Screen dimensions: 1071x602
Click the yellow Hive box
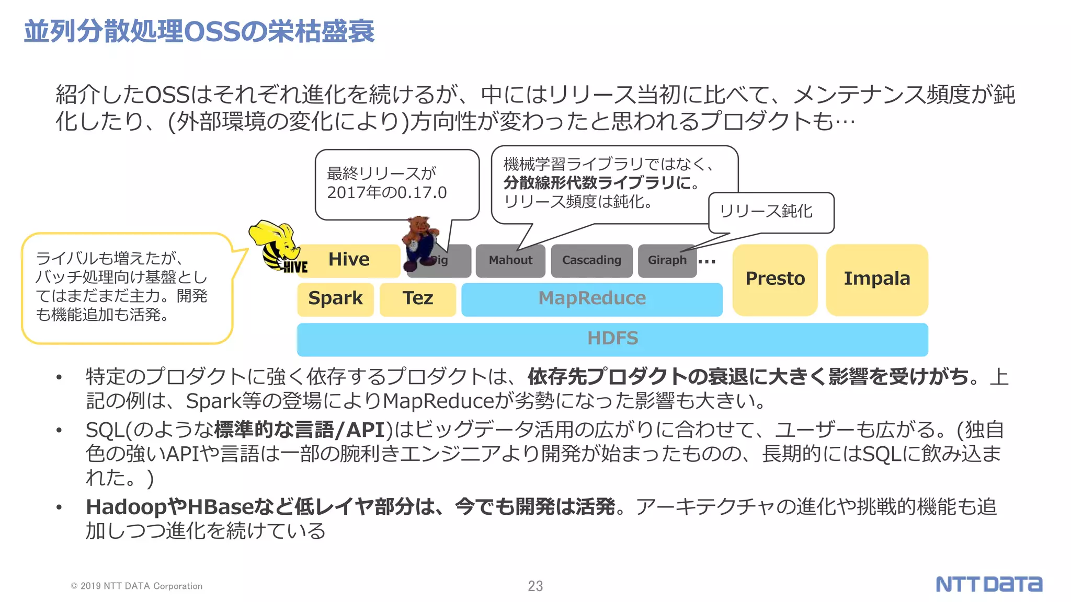(x=349, y=260)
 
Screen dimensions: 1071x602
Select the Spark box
(x=335, y=298)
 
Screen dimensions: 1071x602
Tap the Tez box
(x=417, y=298)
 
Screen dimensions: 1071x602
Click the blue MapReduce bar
(x=591, y=298)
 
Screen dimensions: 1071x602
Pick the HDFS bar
(x=612, y=339)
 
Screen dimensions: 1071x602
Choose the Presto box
(x=774, y=279)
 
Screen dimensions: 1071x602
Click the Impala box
(x=876, y=279)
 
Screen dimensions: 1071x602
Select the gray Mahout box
(x=510, y=260)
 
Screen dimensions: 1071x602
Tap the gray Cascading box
(x=591, y=260)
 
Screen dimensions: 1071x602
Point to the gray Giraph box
(x=667, y=260)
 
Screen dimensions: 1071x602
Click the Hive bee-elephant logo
(x=277, y=247)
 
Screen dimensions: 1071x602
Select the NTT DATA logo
(x=988, y=584)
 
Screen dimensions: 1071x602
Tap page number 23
(x=535, y=586)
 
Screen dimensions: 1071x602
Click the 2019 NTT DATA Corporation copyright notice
(x=136, y=586)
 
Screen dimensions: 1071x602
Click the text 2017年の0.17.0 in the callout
(x=387, y=193)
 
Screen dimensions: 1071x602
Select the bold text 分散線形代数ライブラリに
(x=601, y=183)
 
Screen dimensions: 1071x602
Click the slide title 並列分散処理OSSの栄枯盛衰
(x=199, y=31)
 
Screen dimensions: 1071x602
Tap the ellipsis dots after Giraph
(x=707, y=261)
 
